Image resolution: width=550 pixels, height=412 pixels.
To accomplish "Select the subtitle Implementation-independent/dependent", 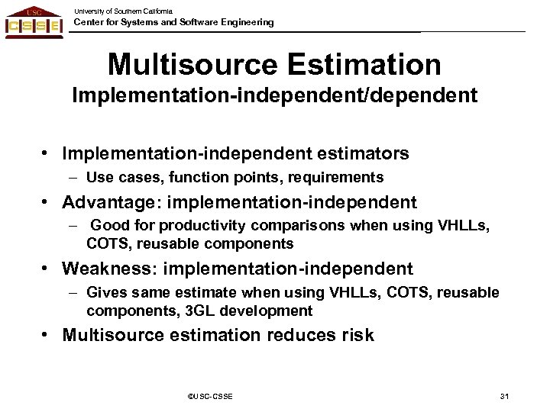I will (x=274, y=98).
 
